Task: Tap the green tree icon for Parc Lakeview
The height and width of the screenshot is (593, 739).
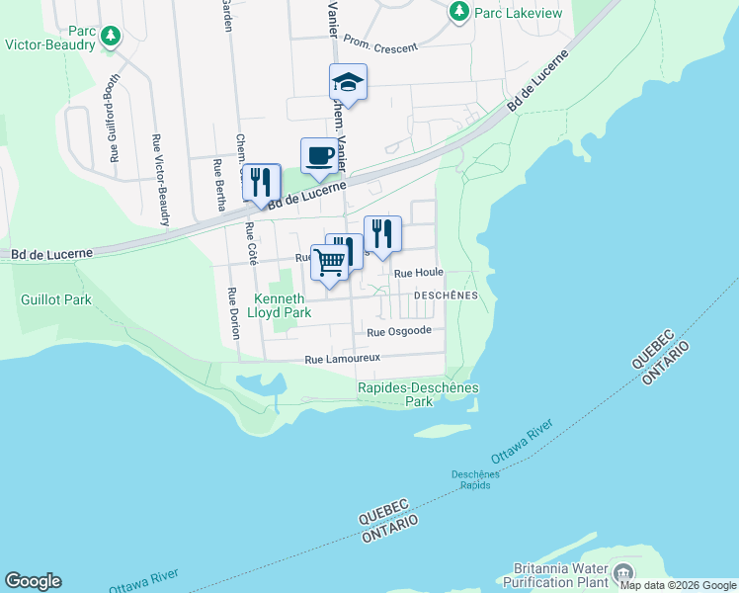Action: coord(458,12)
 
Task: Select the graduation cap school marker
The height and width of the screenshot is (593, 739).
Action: coord(348,81)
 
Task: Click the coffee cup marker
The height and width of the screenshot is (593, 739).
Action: coord(318,155)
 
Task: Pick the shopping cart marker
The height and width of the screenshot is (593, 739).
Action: coord(330,262)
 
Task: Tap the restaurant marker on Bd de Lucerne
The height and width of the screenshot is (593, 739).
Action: coord(261,182)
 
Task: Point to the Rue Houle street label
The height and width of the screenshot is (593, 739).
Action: coord(419,272)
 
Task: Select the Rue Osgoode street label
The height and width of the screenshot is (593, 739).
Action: coord(399,331)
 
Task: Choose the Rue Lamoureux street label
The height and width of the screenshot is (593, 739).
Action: coord(342,360)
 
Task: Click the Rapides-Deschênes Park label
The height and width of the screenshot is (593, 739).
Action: coord(418,395)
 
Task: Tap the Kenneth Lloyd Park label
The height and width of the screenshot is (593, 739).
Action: coord(283,305)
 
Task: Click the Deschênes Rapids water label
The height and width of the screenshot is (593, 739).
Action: coord(476,479)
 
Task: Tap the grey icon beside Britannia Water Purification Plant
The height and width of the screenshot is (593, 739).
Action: coord(622,572)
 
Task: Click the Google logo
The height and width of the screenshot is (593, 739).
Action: coord(33,581)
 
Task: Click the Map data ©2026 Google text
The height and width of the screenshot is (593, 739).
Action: coord(678,585)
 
